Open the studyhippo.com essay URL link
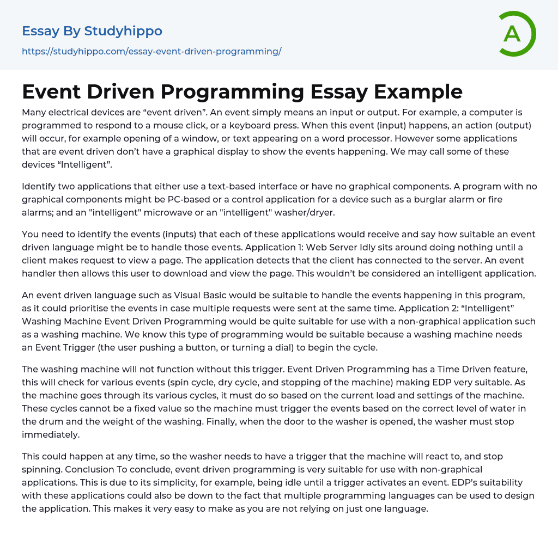(151, 52)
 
